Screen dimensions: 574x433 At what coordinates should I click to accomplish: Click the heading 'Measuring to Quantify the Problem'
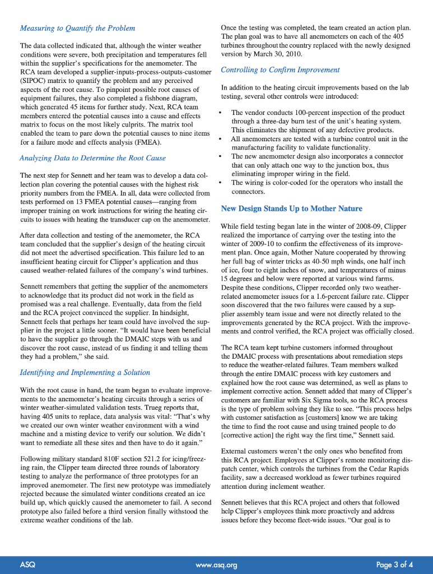point(77,28)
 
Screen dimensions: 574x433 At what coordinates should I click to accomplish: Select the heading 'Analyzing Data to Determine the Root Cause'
point(92,158)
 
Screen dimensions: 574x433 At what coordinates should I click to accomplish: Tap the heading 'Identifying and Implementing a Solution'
point(85,372)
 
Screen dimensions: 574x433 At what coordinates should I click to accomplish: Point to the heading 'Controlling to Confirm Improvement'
point(280,70)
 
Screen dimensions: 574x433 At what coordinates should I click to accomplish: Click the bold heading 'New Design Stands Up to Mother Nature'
point(291,209)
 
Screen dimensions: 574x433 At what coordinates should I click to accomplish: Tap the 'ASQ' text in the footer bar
point(27,564)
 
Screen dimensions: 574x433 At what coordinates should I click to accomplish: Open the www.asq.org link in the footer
point(216,564)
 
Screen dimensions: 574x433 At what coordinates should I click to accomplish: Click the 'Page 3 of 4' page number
point(394,564)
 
